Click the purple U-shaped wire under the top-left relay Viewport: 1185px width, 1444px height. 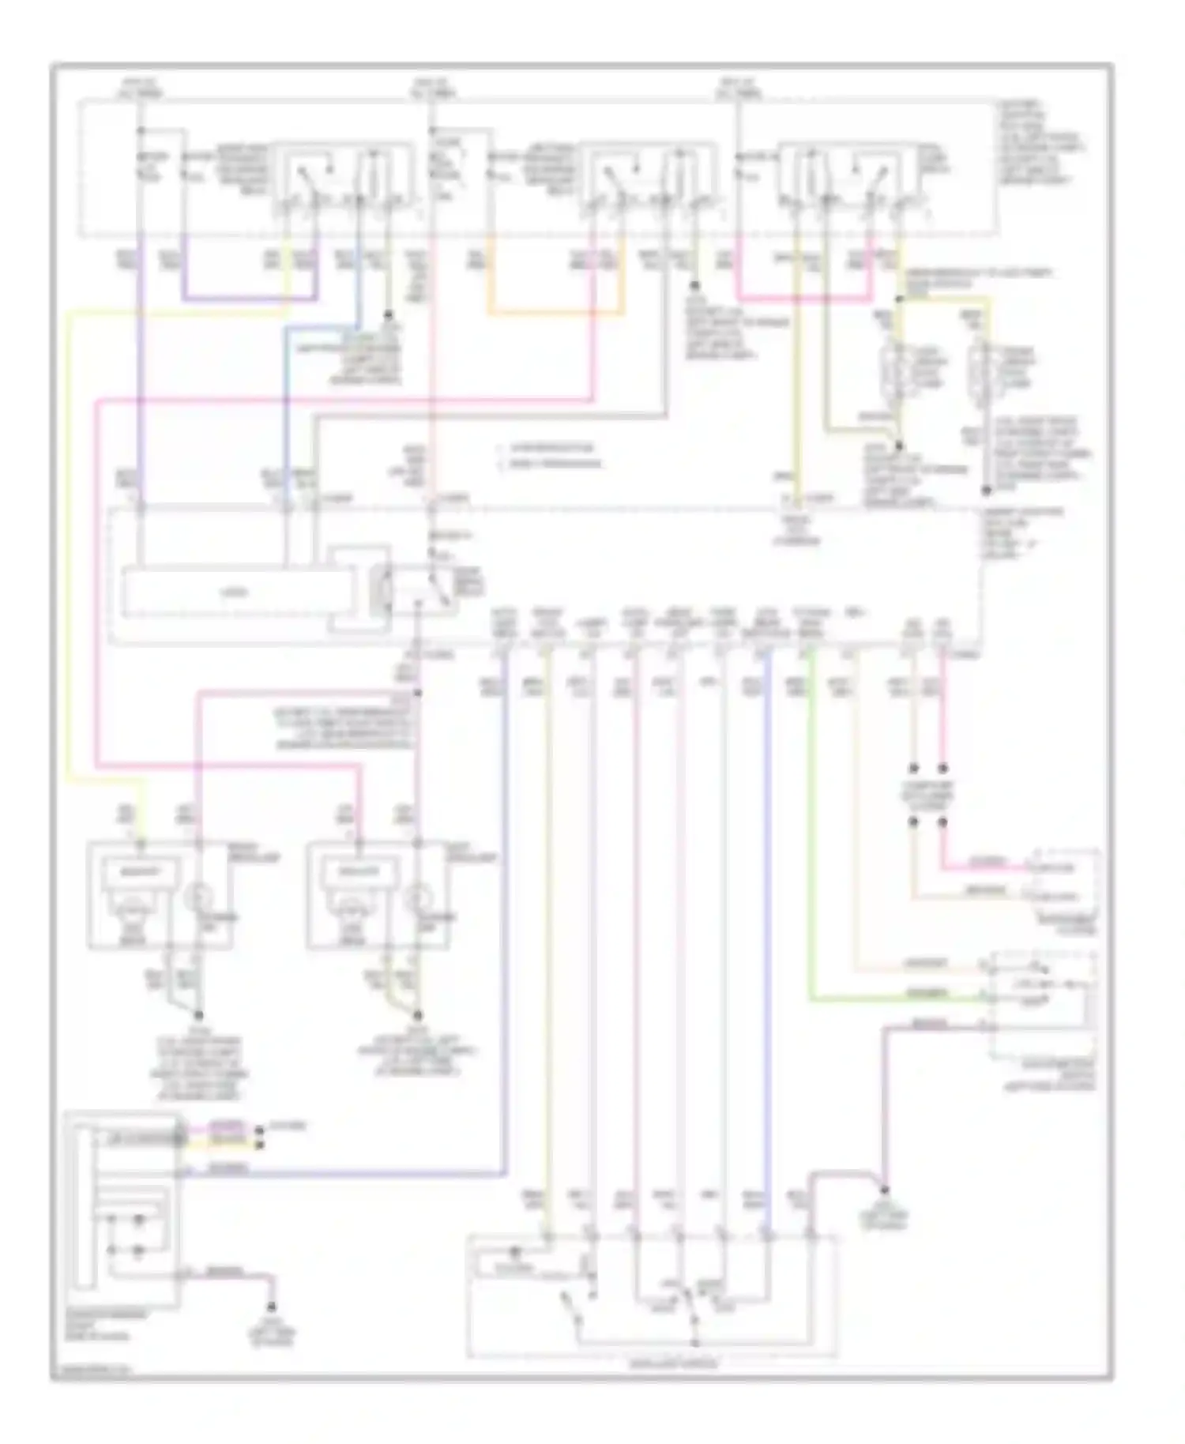(249, 300)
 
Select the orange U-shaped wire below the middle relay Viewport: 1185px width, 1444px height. (553, 314)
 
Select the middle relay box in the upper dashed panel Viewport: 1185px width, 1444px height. (648, 181)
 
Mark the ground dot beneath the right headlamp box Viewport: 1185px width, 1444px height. (419, 1015)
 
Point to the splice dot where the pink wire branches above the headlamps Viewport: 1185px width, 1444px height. (418, 693)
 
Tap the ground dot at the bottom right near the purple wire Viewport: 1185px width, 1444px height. (885, 1190)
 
